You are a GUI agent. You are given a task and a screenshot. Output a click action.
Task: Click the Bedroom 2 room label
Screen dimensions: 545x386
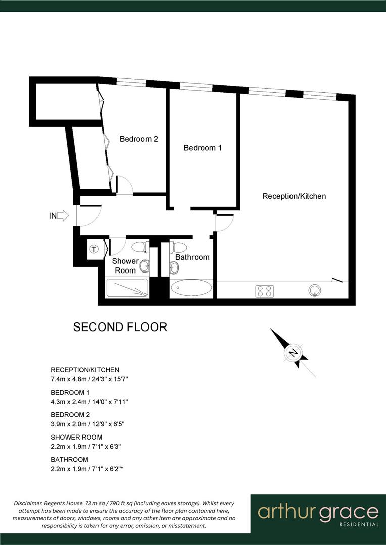point(138,139)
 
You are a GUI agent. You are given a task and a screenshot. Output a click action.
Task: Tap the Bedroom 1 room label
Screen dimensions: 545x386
point(203,148)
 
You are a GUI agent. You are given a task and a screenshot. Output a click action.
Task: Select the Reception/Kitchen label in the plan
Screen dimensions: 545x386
point(294,196)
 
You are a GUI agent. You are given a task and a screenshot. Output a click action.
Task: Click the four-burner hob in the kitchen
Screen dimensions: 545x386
point(265,291)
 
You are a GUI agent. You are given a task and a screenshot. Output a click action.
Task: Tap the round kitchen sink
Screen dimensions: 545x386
point(315,290)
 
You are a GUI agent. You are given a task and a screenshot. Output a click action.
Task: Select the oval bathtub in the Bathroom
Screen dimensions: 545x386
point(191,288)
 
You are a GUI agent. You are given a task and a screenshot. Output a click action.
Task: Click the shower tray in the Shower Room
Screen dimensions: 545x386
point(127,288)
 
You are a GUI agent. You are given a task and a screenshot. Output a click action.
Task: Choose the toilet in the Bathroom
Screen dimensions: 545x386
point(178,247)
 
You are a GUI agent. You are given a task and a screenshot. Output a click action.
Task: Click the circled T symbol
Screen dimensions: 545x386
point(94,249)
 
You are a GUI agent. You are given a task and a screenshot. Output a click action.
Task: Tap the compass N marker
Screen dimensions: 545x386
point(293,352)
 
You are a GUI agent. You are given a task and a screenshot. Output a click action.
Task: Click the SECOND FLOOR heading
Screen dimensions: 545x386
point(120,327)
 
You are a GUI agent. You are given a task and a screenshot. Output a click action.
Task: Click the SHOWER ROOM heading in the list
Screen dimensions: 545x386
point(76,437)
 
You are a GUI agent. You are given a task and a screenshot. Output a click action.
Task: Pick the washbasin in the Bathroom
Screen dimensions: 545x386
point(174,267)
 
